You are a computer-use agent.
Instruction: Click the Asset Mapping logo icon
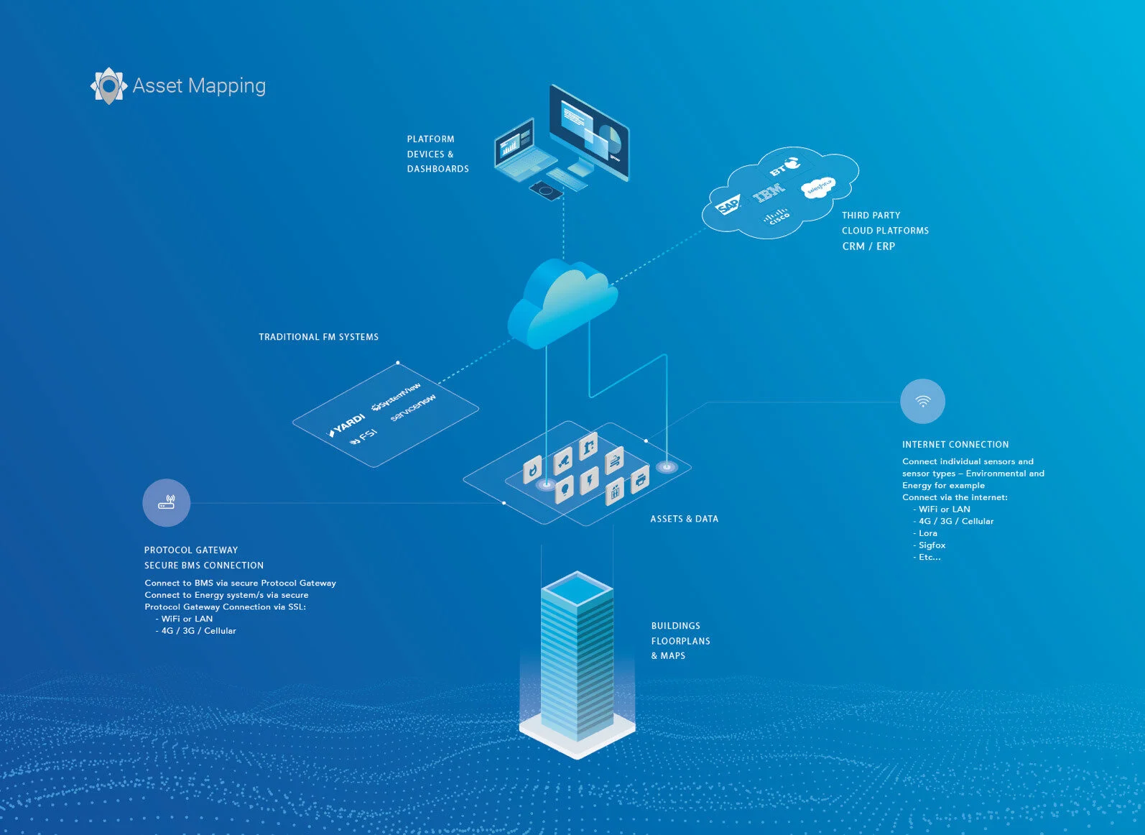pyautogui.click(x=109, y=86)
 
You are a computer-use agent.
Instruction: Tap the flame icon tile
pyautogui.click(x=532, y=469)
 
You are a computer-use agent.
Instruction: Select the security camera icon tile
pyautogui.click(x=562, y=460)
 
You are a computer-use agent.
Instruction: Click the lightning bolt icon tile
pyautogui.click(x=589, y=481)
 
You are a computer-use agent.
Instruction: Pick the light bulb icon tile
pyautogui.click(x=565, y=489)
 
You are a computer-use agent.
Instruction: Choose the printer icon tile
pyautogui.click(x=640, y=479)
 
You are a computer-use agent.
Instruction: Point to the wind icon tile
pyautogui.click(x=614, y=461)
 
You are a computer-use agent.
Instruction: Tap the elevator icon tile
pyautogui.click(x=614, y=492)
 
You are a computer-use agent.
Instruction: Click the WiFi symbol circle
pyautogui.click(x=922, y=401)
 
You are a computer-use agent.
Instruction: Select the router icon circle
pyautogui.click(x=166, y=502)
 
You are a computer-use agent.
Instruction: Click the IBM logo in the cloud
pyautogui.click(x=769, y=193)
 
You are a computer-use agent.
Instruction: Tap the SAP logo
pyautogui.click(x=728, y=205)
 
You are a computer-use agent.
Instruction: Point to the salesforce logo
pyautogui.click(x=818, y=188)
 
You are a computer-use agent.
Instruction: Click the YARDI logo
pyautogui.click(x=347, y=425)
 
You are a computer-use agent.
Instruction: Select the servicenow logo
pyautogui.click(x=413, y=407)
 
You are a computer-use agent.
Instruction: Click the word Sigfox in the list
pyautogui.click(x=932, y=545)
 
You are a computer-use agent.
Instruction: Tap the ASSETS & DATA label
pyautogui.click(x=684, y=519)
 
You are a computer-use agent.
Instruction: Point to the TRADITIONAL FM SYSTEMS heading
pyautogui.click(x=318, y=337)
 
